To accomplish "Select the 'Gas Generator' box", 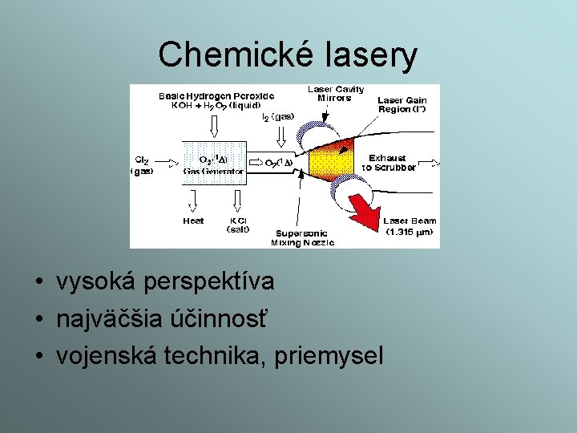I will pos(214,165).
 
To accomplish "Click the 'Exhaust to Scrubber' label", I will pos(389,163).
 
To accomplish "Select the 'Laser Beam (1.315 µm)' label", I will pos(409,226).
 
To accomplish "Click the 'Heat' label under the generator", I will pos(193,221).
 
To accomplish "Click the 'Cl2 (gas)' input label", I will pos(143,164).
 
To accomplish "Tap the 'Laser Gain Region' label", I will pos(401,104).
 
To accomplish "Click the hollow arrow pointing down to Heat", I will pos(193,200).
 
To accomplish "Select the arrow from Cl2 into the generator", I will pos(168,164).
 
